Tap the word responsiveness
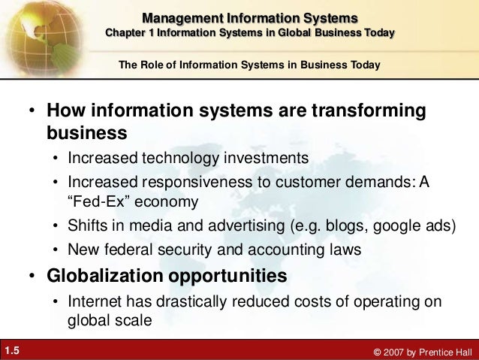pos(189,183)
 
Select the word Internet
pos(95,301)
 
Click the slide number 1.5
pos(12,349)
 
